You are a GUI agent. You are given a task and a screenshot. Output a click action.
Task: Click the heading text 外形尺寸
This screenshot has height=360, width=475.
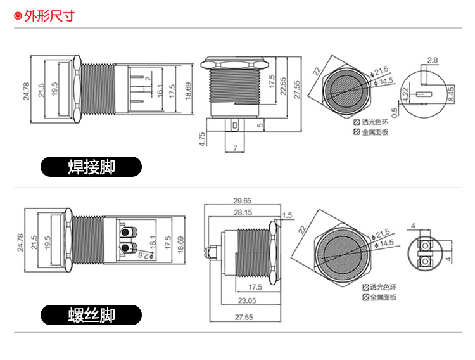(x=49, y=15)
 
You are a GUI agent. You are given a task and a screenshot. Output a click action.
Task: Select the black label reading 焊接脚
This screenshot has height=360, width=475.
(x=91, y=167)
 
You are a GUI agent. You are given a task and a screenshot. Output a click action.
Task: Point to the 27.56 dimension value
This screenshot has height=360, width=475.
(x=297, y=89)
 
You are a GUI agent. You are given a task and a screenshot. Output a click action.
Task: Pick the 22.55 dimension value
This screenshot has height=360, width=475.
(x=283, y=84)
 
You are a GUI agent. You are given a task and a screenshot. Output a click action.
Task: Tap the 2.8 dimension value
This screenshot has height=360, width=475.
(x=433, y=61)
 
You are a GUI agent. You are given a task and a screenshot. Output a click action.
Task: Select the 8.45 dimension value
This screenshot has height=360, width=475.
(x=450, y=94)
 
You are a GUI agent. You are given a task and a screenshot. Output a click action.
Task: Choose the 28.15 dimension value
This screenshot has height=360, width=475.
(x=242, y=212)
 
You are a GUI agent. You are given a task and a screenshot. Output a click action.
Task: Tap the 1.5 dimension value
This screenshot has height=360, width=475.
(x=288, y=215)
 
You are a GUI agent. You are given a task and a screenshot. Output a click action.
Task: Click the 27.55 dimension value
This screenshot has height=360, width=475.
(x=243, y=317)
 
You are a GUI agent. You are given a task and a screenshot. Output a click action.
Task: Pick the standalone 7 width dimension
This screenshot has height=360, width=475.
(x=234, y=148)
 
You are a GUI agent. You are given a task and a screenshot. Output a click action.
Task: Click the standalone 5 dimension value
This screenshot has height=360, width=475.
(x=260, y=125)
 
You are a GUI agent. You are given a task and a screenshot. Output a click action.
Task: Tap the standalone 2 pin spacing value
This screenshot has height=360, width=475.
(x=147, y=79)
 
